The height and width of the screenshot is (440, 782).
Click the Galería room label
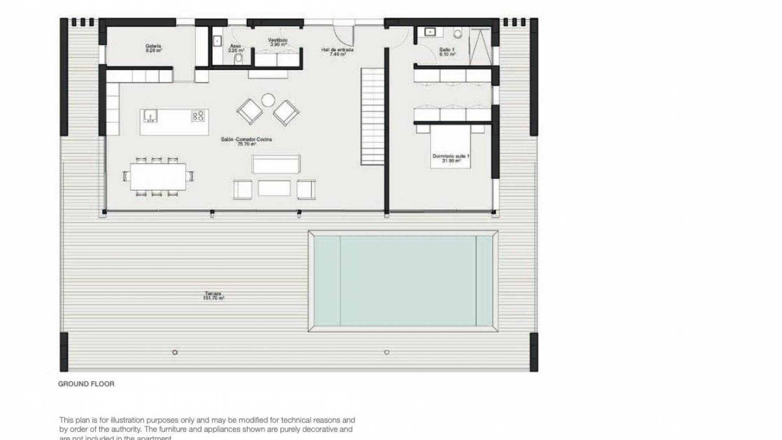[154, 48]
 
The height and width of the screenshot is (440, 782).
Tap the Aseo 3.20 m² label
[236, 48]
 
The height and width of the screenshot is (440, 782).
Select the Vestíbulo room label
[278, 42]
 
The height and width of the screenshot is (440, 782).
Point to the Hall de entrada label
[337, 51]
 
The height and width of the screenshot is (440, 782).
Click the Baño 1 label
[447, 51]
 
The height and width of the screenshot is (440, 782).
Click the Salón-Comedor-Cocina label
[246, 141]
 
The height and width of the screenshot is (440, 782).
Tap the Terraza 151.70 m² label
[213, 296]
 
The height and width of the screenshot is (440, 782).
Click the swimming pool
[403, 281]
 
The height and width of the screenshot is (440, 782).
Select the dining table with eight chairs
[158, 176]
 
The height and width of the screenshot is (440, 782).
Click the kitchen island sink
[150, 116]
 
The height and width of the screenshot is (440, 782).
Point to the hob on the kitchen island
[198, 116]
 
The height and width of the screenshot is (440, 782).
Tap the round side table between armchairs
[268, 100]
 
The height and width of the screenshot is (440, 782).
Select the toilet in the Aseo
[239, 59]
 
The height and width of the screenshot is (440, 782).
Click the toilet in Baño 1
[459, 33]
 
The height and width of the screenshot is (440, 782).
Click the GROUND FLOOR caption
[86, 384]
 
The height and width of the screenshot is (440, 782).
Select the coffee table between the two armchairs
[274, 188]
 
